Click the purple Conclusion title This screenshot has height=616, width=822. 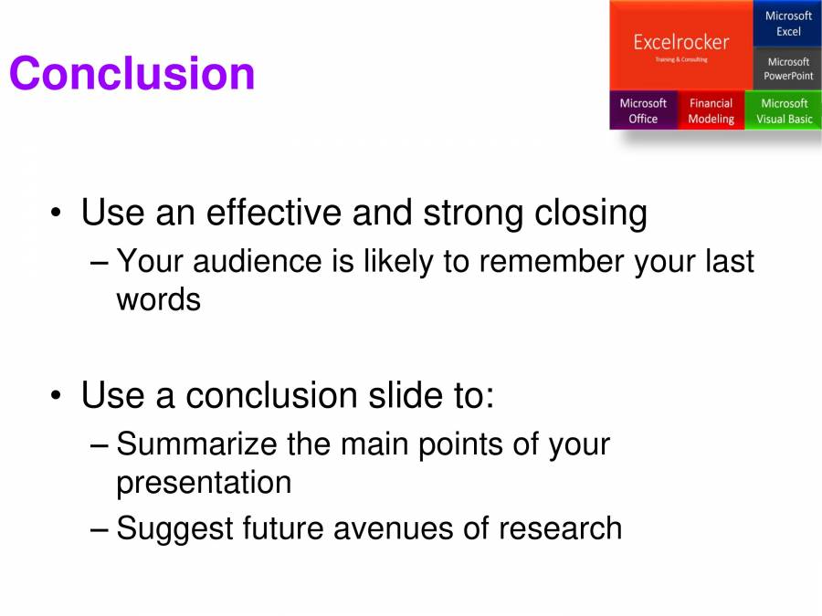132,74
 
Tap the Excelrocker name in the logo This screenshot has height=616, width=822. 680,42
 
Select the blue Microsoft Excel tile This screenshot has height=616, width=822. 787,24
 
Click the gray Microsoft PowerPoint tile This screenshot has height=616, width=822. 787,69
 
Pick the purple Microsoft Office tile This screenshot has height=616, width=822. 643,110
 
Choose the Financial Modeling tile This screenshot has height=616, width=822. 711,110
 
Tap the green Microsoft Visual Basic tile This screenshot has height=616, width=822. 784,110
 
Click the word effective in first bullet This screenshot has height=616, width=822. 273,213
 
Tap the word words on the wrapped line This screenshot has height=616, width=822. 158,299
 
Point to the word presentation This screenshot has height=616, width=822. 204,482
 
